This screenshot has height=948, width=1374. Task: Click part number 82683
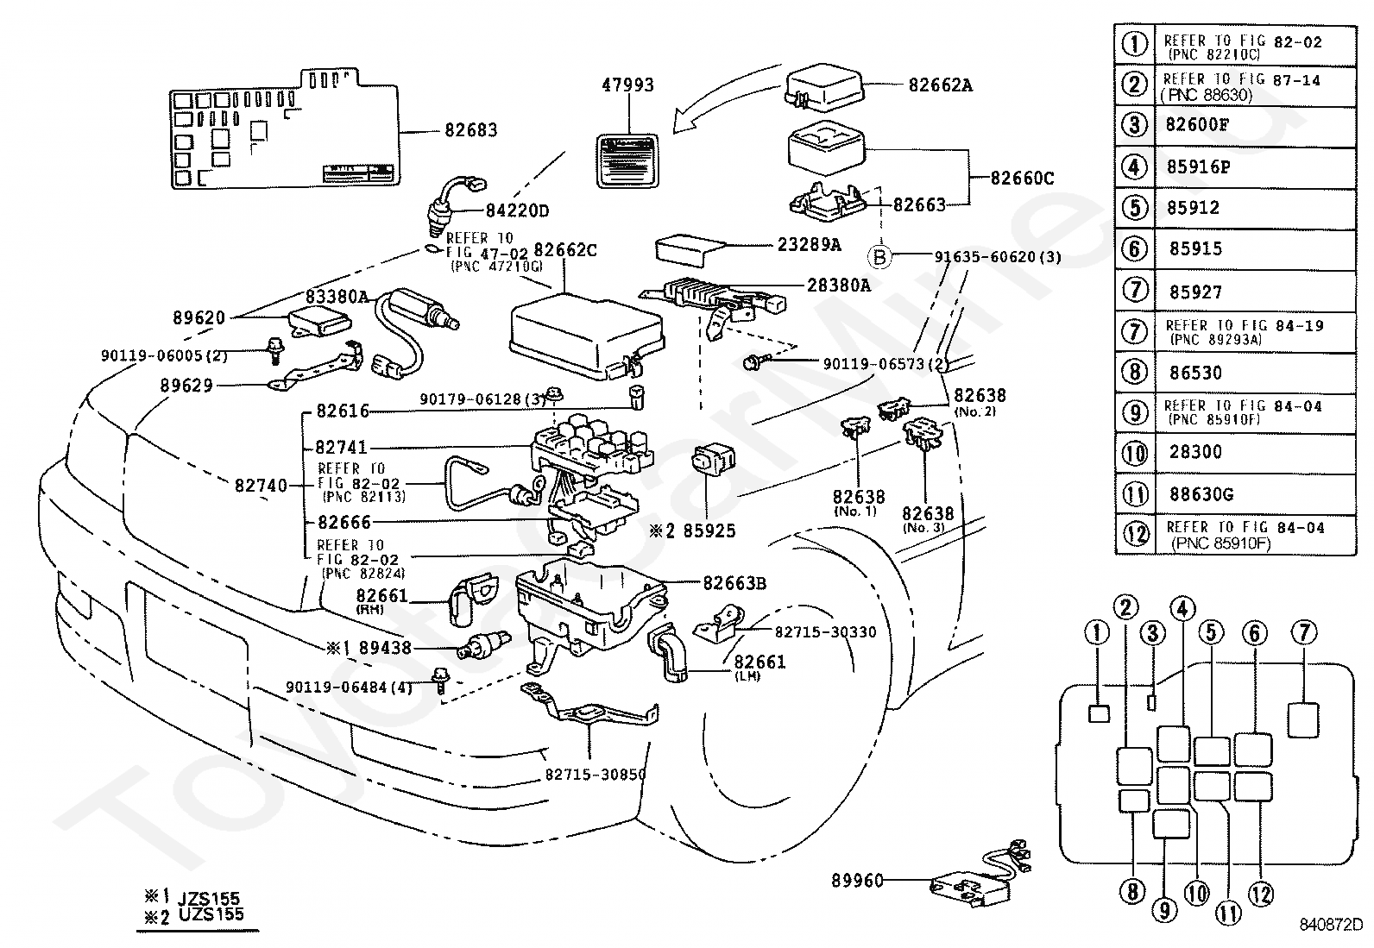pyautogui.click(x=470, y=131)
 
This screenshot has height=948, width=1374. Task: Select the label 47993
pyautogui.click(x=627, y=85)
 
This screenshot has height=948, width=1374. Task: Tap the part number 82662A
pyautogui.click(x=940, y=85)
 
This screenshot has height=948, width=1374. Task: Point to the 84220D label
pyautogui.click(x=517, y=210)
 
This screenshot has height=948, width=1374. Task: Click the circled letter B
pyautogui.click(x=879, y=256)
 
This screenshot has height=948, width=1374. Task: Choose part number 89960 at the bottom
pyautogui.click(x=858, y=881)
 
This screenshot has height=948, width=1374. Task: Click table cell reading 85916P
pyautogui.click(x=1198, y=167)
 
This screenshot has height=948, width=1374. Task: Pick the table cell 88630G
pyautogui.click(x=1199, y=494)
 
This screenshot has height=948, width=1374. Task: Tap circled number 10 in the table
pyautogui.click(x=1135, y=453)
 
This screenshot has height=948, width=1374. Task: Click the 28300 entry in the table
pyautogui.click(x=1195, y=452)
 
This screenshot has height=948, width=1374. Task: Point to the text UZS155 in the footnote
pyautogui.click(x=211, y=914)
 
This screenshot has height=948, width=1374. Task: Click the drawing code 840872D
pyautogui.click(x=1331, y=926)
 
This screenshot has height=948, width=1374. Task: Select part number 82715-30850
pyautogui.click(x=595, y=775)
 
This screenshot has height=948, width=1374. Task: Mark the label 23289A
pyautogui.click(x=809, y=244)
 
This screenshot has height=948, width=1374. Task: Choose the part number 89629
pyautogui.click(x=186, y=386)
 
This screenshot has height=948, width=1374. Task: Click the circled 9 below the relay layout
pyautogui.click(x=1163, y=908)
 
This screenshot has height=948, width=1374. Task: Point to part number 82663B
pyautogui.click(x=734, y=583)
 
